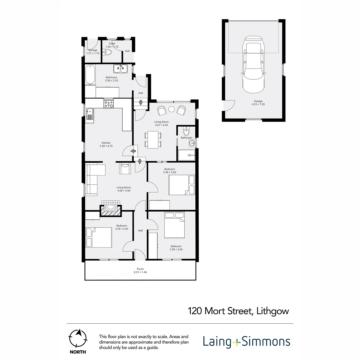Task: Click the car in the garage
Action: coord(253,65)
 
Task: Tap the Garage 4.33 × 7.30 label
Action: coord(258,103)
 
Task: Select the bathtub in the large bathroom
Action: coord(90,74)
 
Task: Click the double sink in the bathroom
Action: coord(120,68)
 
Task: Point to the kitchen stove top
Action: coord(109,104)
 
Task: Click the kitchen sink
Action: coord(90,114)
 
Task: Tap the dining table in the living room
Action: coord(153,140)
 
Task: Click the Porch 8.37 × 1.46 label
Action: coord(140,271)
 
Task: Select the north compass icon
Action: coord(78,338)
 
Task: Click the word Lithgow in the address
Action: coord(273,311)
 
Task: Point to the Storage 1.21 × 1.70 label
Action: coord(93,52)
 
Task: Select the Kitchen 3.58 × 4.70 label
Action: coord(106,144)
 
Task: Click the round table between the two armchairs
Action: coord(172,109)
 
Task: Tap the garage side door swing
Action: coord(230,106)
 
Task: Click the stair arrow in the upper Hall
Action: coord(141,102)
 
